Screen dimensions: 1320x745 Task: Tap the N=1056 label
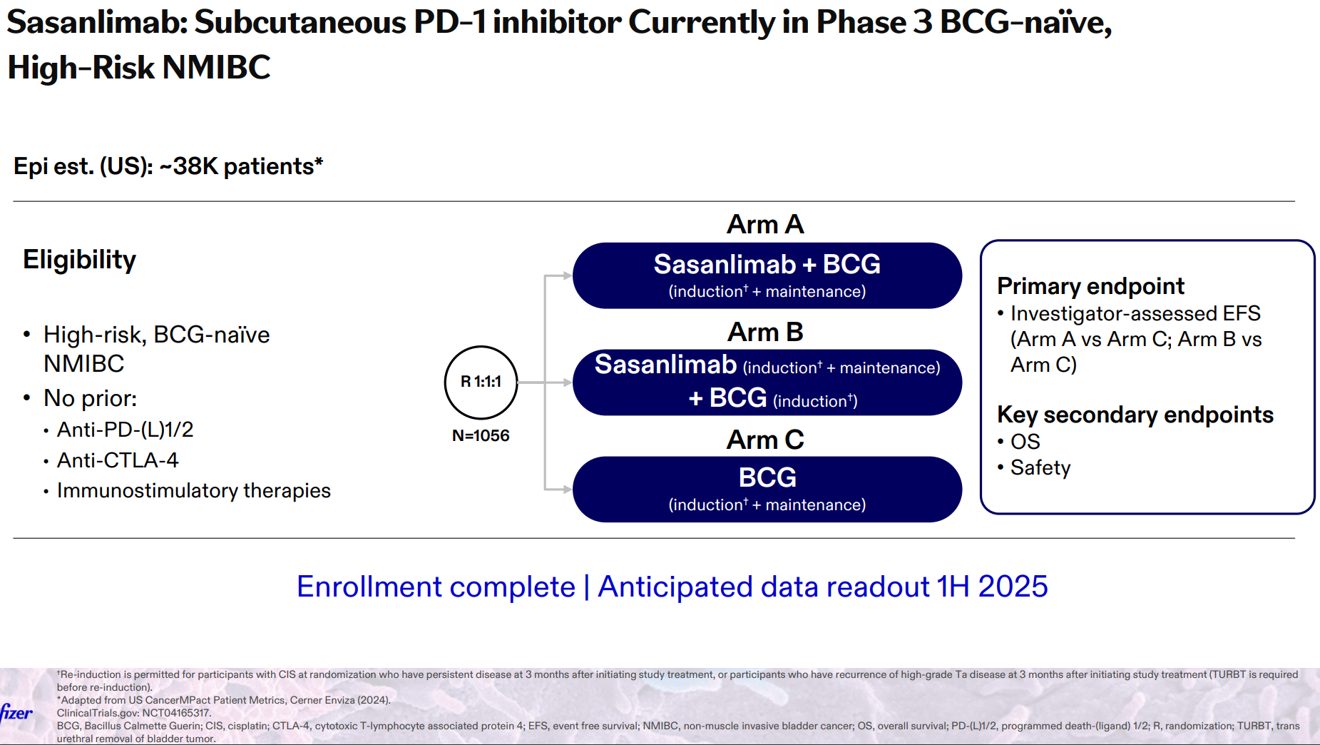click(x=481, y=435)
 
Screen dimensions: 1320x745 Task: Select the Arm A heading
click(x=765, y=224)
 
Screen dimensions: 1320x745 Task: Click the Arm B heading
click(x=765, y=332)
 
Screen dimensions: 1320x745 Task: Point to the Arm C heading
click(x=765, y=440)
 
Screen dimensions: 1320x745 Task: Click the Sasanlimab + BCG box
click(x=767, y=275)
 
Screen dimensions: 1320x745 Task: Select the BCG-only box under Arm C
click(x=767, y=490)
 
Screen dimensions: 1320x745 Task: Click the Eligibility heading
click(x=79, y=260)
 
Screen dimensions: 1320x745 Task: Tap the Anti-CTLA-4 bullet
click(x=118, y=460)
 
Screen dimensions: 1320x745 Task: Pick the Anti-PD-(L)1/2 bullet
click(x=126, y=430)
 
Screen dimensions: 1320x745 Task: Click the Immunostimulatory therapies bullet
click(x=194, y=491)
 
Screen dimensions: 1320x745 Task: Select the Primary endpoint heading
click(x=1090, y=286)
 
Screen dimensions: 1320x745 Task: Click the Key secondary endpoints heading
click(x=1135, y=415)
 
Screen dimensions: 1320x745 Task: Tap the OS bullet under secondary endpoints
click(x=1025, y=442)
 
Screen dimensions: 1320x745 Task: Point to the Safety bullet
click(x=1040, y=468)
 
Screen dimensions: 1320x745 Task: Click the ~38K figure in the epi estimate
click(x=188, y=166)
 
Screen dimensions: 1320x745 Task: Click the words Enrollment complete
click(x=436, y=587)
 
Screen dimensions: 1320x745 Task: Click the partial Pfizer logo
click(x=16, y=712)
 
